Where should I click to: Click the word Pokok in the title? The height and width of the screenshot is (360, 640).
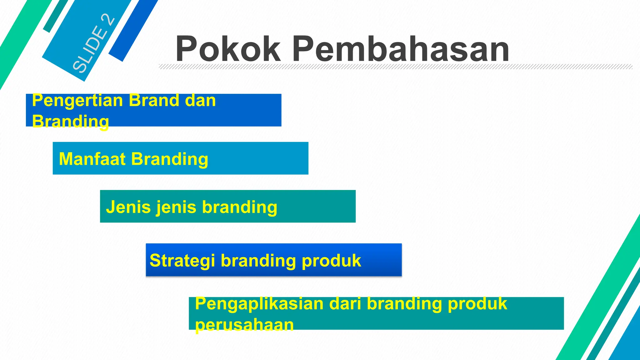[x=228, y=49]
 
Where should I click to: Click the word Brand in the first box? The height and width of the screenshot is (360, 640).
[x=154, y=101]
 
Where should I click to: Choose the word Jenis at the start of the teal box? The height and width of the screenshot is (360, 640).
[x=128, y=207]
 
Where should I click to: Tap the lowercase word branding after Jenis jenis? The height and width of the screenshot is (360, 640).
[x=239, y=207]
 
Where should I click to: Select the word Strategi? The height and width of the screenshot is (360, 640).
[x=182, y=261]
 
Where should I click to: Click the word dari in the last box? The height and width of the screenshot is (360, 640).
[x=345, y=304]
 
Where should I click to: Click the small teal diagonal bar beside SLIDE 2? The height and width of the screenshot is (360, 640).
[x=56, y=16]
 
